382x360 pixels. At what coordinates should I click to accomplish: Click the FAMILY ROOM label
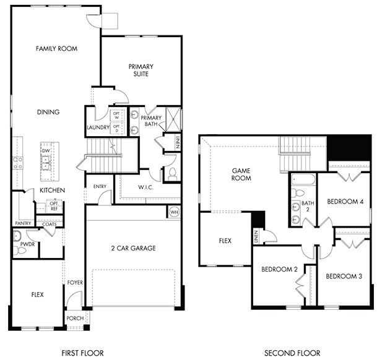coord(56,48)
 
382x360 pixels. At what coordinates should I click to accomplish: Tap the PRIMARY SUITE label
coord(141,70)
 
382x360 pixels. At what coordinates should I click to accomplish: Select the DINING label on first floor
coord(48,113)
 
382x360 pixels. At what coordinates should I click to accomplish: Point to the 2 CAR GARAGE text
coord(134,249)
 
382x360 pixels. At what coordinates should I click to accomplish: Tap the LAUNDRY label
coord(98,129)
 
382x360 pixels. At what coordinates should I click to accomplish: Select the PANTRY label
coord(23,223)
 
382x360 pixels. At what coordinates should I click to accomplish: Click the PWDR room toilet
coord(18,236)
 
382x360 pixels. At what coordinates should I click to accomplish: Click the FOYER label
coord(75,283)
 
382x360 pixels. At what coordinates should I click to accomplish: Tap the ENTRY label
coord(100,186)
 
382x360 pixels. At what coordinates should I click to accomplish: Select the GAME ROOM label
coord(241,174)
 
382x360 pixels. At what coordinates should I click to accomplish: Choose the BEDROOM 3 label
coord(344,276)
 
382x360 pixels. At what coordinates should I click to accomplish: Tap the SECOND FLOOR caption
coord(292,353)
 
